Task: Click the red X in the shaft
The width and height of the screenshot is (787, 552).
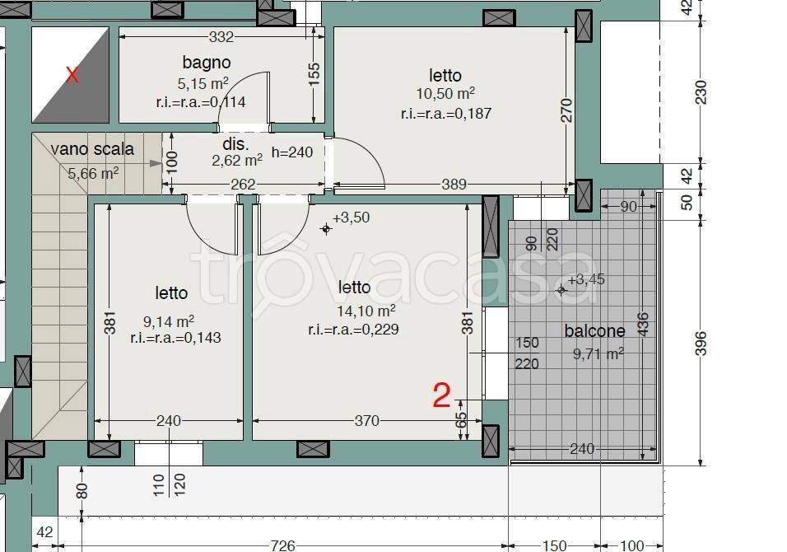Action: click(x=72, y=75)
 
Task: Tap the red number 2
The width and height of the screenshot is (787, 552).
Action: click(x=442, y=395)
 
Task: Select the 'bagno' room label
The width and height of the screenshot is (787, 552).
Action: click(x=207, y=63)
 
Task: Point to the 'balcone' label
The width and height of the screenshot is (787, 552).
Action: click(x=594, y=331)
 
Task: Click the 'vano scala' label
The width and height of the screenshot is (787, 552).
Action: click(x=92, y=149)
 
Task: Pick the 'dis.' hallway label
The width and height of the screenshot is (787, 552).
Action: click(x=235, y=144)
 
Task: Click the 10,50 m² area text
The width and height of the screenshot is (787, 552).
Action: click(x=445, y=93)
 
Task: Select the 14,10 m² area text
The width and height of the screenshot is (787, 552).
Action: click(x=366, y=311)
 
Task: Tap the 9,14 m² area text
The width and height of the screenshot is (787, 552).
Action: click(x=169, y=321)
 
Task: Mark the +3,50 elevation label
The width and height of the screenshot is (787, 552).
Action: click(x=352, y=218)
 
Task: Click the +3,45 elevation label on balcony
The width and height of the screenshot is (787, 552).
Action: click(x=586, y=279)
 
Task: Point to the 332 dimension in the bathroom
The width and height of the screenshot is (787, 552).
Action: click(x=221, y=37)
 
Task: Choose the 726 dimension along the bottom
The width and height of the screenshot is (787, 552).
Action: click(x=283, y=545)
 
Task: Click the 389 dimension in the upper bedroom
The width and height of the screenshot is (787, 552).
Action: click(x=454, y=185)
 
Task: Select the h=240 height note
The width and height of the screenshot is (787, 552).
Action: click(x=292, y=152)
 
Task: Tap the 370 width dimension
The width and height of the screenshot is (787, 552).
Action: click(x=367, y=420)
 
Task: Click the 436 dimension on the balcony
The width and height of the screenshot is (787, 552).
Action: click(x=642, y=324)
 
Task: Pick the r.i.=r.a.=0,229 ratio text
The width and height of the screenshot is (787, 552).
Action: click(x=353, y=330)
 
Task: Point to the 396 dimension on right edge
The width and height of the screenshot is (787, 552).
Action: click(x=701, y=343)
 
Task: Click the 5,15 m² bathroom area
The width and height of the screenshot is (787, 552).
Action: click(x=203, y=83)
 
